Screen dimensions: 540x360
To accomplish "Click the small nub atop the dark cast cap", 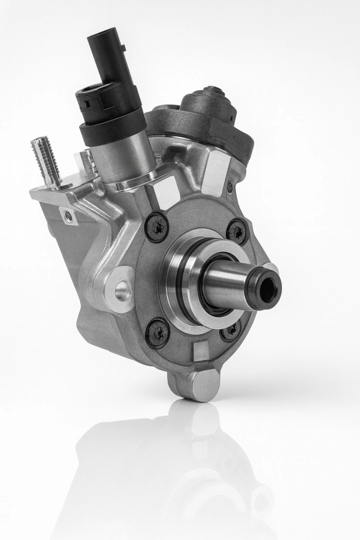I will pos(215,90).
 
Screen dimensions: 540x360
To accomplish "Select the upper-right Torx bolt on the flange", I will pos(236,231).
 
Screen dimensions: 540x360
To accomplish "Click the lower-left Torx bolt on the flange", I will pos(157,331).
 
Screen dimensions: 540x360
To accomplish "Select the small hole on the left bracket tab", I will pos(68,215).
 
